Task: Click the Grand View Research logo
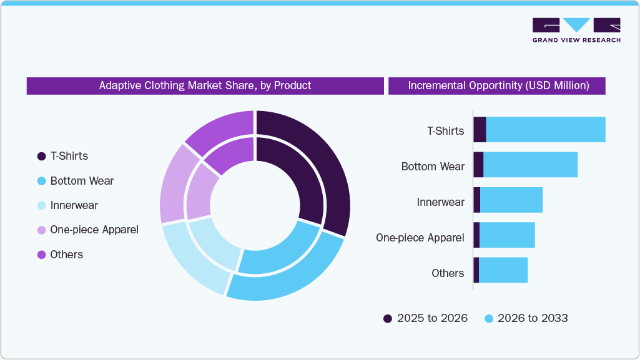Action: point(576,30)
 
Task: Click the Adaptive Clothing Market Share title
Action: point(205,85)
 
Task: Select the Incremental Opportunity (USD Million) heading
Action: point(498,85)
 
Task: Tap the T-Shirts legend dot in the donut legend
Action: point(42,156)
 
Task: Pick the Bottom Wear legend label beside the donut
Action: point(82,181)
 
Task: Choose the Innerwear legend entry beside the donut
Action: point(74,205)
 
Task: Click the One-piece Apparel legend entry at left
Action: point(94,230)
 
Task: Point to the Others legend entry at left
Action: point(66,255)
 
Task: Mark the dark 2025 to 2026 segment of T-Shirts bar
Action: point(480,130)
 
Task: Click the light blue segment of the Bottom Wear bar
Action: point(530,165)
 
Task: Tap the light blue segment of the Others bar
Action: point(503,270)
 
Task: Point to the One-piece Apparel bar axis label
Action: point(420,238)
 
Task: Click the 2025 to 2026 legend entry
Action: point(425,318)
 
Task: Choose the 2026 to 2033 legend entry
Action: point(526,318)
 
